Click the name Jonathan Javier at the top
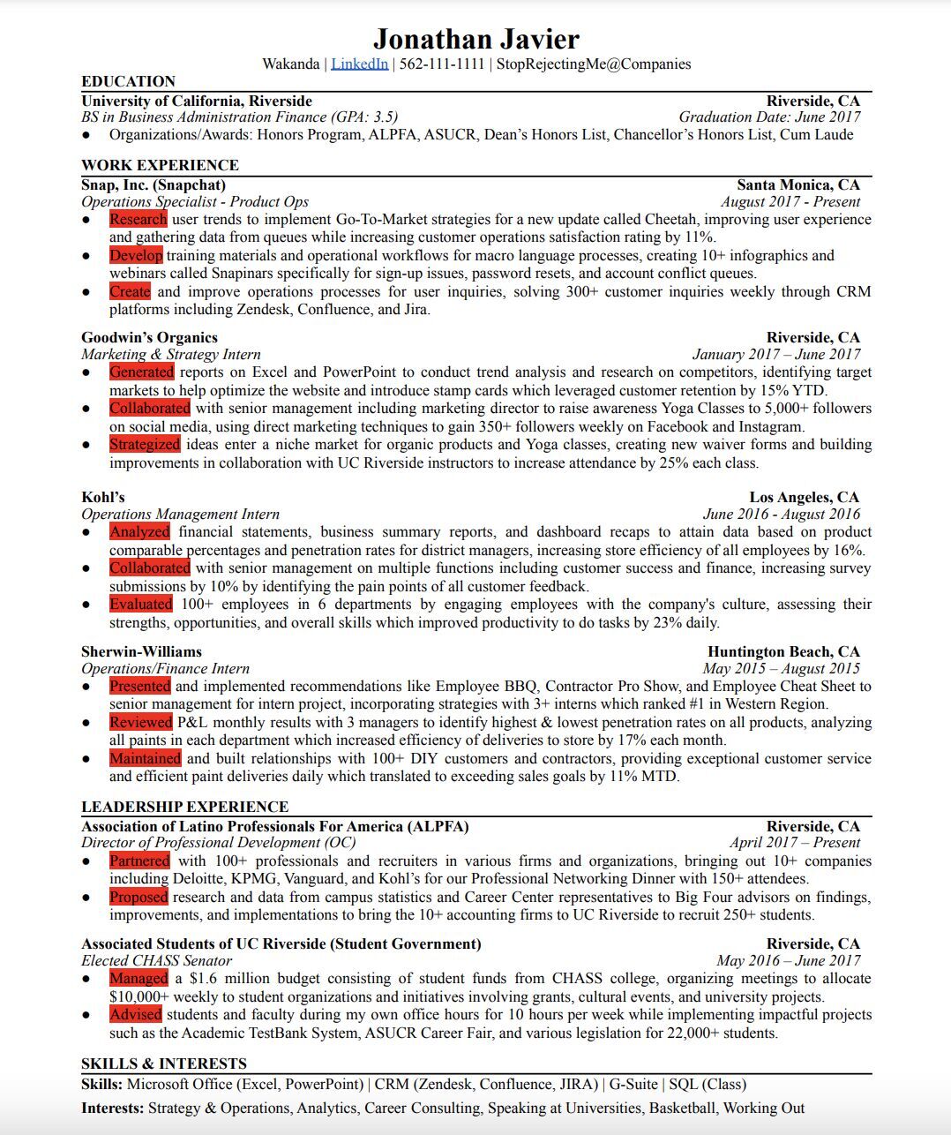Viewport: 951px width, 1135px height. [x=475, y=39]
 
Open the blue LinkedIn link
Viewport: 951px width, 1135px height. [x=359, y=64]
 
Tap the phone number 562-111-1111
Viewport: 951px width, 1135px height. [x=442, y=64]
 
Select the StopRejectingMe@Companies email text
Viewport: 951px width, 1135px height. [x=593, y=64]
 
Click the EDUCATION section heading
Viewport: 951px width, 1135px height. [x=128, y=81]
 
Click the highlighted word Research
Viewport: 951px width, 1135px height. [x=138, y=219]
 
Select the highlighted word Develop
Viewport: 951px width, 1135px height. [x=136, y=255]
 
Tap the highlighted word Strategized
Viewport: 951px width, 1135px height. [x=145, y=444]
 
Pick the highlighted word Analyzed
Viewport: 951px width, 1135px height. [x=139, y=531]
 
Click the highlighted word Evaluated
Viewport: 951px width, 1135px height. [x=140, y=604]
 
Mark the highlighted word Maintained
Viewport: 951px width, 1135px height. [x=145, y=758]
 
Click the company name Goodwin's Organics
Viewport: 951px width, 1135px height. [x=149, y=337]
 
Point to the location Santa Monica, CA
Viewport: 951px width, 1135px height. [x=797, y=184]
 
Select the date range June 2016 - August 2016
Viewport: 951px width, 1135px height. [x=781, y=514]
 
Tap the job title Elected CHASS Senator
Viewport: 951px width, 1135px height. [x=156, y=960]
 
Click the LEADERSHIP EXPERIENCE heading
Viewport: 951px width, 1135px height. [x=184, y=807]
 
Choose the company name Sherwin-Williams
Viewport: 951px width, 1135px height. [x=141, y=651]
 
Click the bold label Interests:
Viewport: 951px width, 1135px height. [x=112, y=1108]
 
